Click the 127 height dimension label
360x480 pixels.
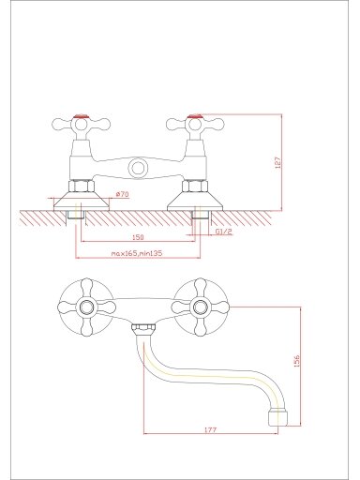coord(278,162)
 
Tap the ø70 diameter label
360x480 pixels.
coord(122,194)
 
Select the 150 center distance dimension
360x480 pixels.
coord(138,237)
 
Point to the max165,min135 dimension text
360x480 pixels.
coord(137,253)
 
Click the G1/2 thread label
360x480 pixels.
coord(224,232)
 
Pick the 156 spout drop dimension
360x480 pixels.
coord(297,361)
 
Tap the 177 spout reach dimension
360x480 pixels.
coord(211,430)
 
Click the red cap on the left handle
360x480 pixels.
coord(82,117)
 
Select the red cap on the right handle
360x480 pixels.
coord(195,117)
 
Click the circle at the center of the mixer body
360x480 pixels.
coord(138,168)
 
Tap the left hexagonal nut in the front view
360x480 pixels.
coord(82,187)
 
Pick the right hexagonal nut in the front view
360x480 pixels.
coord(195,187)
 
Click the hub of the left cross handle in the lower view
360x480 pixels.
coord(86,307)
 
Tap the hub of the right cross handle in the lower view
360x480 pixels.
coord(200,307)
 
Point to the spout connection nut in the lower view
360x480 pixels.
coord(143,330)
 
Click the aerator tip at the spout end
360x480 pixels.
coord(277,417)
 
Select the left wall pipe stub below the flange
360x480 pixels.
coord(76,215)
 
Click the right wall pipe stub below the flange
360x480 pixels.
coord(201,215)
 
